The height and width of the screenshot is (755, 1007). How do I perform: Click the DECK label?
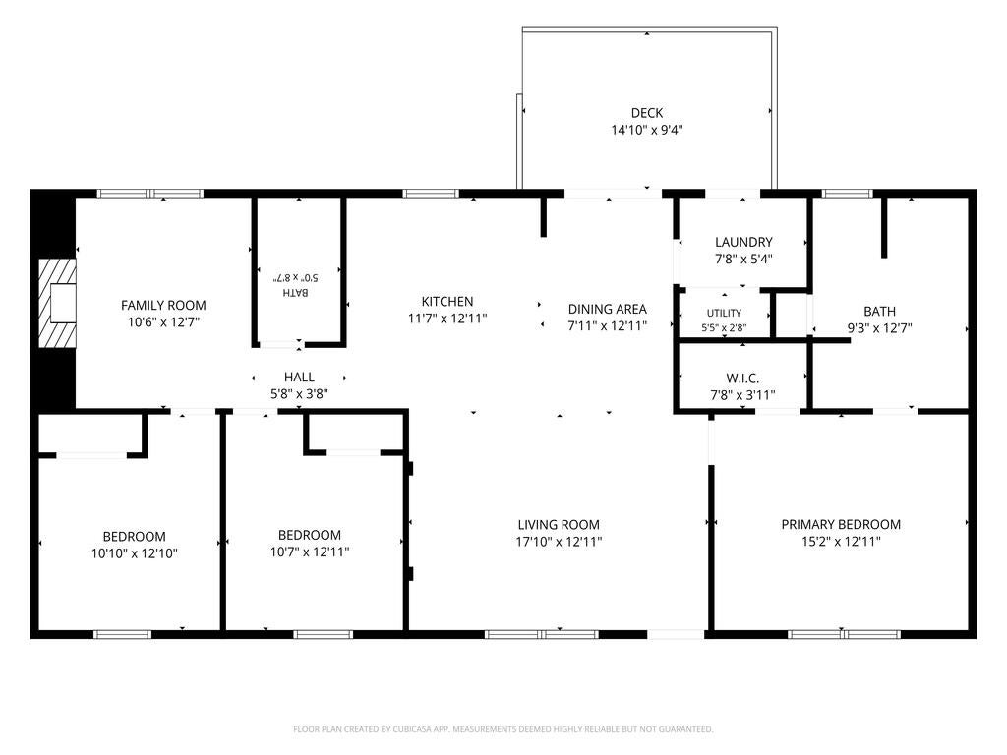[647, 113]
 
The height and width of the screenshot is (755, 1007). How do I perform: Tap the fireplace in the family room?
[57, 303]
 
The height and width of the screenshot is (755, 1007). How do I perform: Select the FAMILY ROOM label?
[163, 305]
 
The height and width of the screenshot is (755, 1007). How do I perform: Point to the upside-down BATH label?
[296, 292]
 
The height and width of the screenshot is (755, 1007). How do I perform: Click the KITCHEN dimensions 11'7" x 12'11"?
[447, 318]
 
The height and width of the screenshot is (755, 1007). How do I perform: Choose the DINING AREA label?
[608, 309]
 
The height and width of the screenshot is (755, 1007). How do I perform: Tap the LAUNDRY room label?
[743, 242]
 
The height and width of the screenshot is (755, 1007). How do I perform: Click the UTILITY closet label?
[725, 313]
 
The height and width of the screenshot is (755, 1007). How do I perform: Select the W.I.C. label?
[743, 378]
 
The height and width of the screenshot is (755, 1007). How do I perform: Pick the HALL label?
[299, 377]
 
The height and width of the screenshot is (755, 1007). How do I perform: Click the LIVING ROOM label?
[559, 525]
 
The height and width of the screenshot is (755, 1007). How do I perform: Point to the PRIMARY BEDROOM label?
[841, 525]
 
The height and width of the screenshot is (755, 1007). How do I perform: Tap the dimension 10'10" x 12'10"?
[134, 552]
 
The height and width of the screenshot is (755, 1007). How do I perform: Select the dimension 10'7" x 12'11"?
[310, 552]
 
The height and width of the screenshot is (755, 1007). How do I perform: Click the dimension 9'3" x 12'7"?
[879, 328]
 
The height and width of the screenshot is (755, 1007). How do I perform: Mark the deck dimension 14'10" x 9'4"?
[647, 131]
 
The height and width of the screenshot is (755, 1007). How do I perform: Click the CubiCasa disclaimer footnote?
[503, 729]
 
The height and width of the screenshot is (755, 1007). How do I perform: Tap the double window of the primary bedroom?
[845, 634]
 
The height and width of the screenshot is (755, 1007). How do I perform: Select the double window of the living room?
[542, 634]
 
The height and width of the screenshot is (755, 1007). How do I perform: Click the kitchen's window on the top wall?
[431, 194]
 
